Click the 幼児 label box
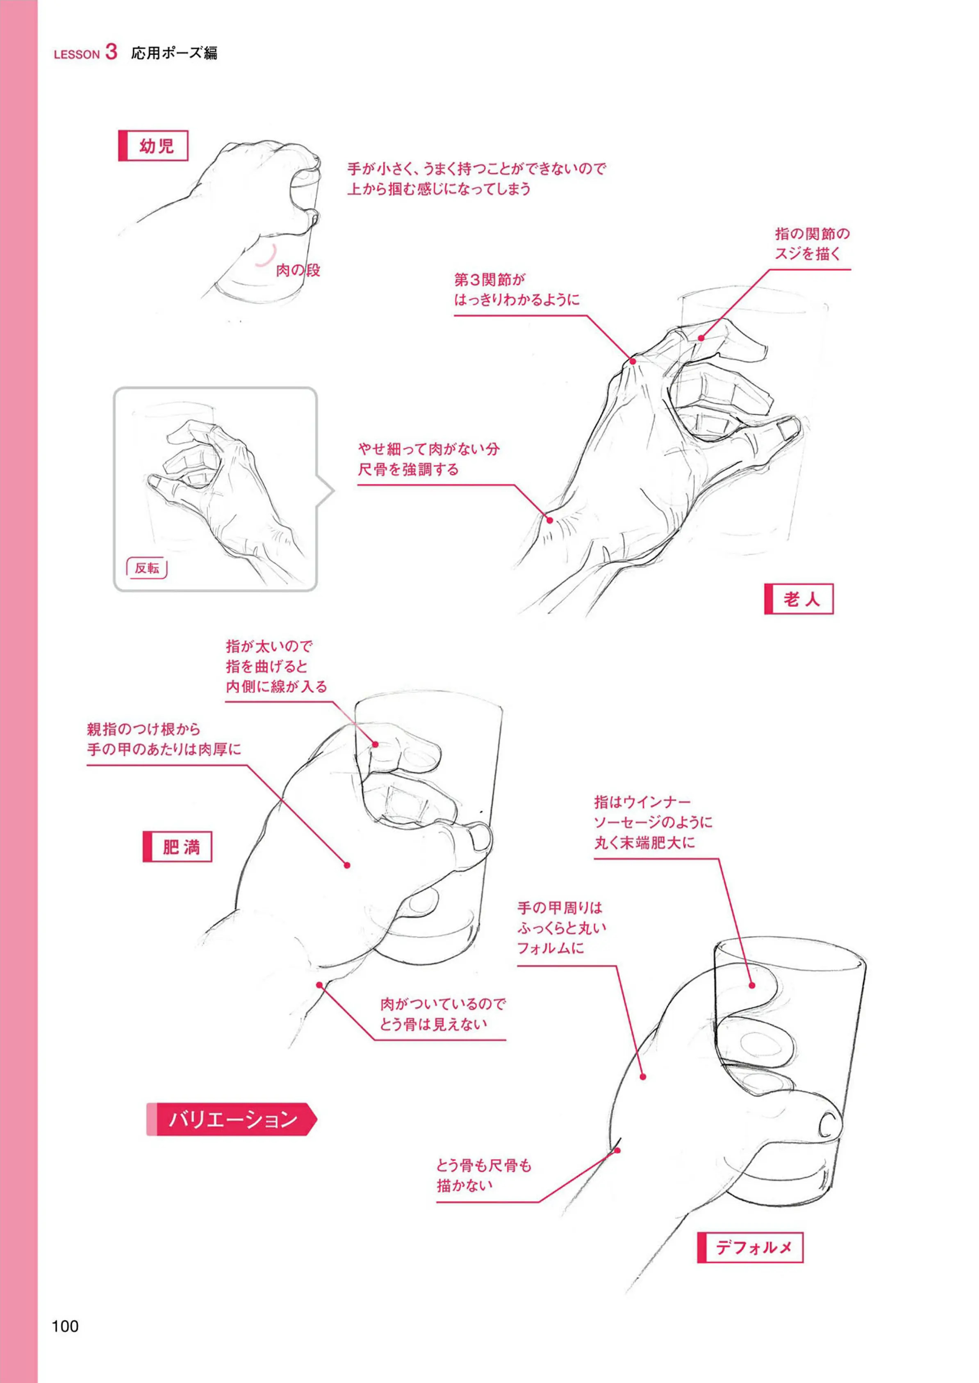(153, 146)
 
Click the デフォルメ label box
(751, 1247)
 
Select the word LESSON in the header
(77, 54)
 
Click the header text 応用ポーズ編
(174, 53)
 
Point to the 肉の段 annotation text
(298, 270)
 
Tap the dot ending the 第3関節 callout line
(633, 361)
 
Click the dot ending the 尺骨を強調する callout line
(549, 519)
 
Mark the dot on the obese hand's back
(347, 865)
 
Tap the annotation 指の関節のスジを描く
(812, 244)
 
